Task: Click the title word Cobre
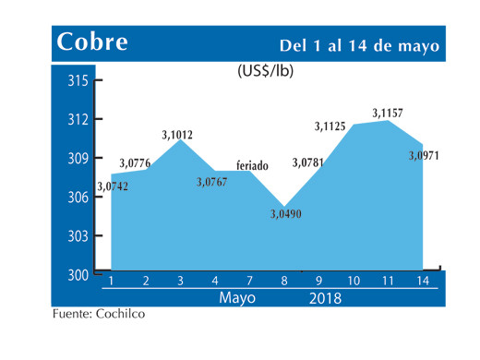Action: [x=92, y=42]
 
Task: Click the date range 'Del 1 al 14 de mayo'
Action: [x=359, y=45]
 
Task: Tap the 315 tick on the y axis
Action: [x=78, y=81]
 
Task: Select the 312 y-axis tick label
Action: [x=78, y=120]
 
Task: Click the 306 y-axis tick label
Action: [x=78, y=198]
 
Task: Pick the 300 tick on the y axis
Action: [x=78, y=275]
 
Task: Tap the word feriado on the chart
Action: [x=253, y=165]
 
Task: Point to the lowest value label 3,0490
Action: [x=285, y=215]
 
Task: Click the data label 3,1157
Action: [x=388, y=113]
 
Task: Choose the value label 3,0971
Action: [x=424, y=155]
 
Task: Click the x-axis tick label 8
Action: [x=283, y=280]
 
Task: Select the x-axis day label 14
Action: [x=423, y=280]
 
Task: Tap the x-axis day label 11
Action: [x=388, y=280]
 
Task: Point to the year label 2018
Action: [x=324, y=298]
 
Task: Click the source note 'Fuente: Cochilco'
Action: [x=98, y=314]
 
